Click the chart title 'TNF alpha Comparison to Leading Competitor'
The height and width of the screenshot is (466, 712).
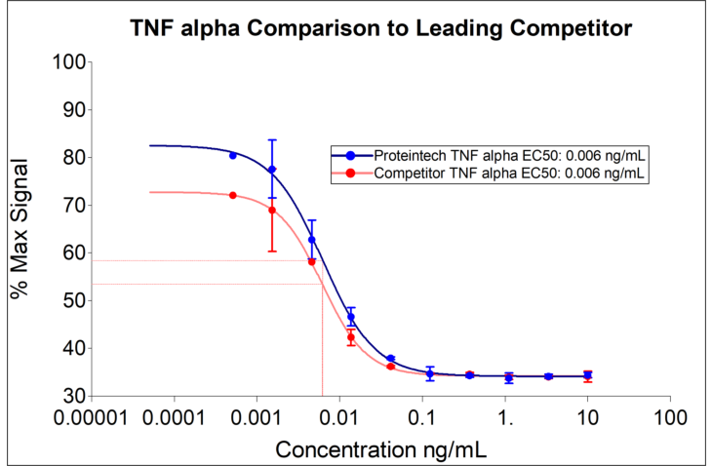(x=381, y=28)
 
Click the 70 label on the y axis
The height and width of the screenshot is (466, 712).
(x=68, y=205)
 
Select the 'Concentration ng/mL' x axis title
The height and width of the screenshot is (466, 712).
(x=381, y=449)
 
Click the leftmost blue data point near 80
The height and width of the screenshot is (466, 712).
(x=233, y=155)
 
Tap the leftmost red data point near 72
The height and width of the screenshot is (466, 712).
(x=233, y=195)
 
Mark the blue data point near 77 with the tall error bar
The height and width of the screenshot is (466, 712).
(x=272, y=170)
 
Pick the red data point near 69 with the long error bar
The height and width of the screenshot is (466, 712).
(x=272, y=210)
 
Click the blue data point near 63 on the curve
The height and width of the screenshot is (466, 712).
(x=312, y=239)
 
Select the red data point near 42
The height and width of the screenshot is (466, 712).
(x=351, y=337)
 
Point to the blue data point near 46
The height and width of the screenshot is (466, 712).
(x=351, y=317)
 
